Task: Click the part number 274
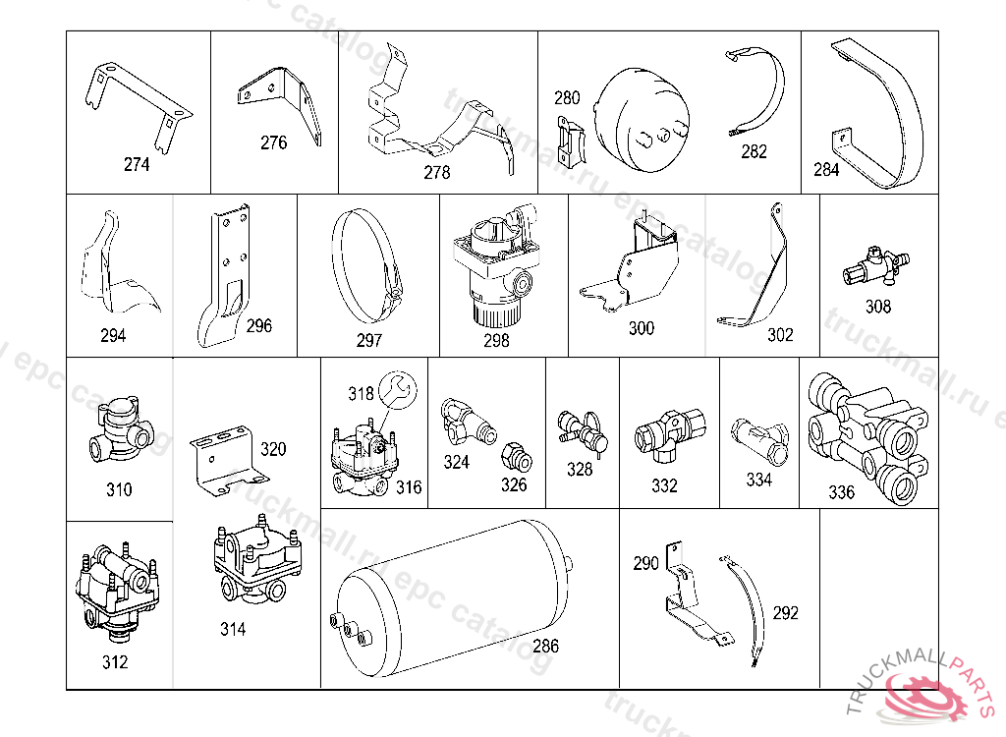137,164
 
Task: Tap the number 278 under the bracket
436,173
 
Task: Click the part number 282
754,151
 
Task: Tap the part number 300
641,328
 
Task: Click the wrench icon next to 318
399,388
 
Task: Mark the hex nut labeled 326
513,457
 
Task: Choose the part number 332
664,485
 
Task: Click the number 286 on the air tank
545,647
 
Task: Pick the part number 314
233,629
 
